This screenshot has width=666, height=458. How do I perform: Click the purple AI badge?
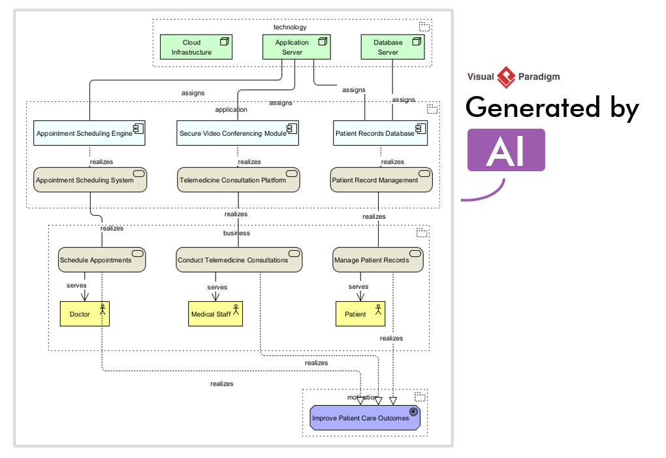(506, 150)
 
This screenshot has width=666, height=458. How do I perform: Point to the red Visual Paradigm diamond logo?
(506, 77)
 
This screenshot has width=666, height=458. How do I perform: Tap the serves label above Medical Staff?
(217, 287)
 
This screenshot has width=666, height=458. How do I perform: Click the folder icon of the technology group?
(424, 27)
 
